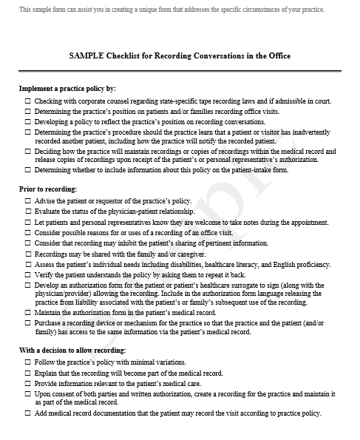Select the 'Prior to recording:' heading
47,189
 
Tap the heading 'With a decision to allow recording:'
72,350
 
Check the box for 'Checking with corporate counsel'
28,101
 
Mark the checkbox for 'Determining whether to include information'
28,170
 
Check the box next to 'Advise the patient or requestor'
28,201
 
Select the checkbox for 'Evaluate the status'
28,211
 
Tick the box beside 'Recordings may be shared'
28,253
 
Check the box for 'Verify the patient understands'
28,274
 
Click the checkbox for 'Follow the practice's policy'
28,361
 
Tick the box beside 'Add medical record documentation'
28,413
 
